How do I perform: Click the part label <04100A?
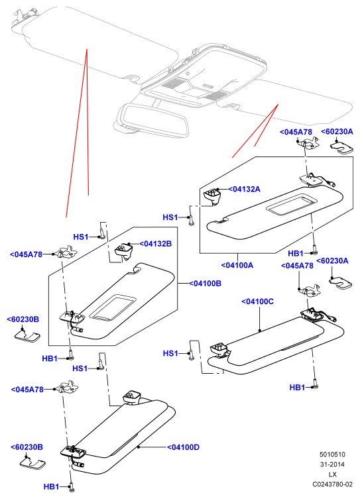237,265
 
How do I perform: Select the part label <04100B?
205,283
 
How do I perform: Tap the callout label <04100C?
257,302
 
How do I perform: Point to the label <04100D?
183,447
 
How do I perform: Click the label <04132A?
244,189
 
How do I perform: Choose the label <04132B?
155,244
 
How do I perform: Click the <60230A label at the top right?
337,131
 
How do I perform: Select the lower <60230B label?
27,447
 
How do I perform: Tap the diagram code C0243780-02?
332,484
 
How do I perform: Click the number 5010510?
332,455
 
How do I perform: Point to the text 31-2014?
332,465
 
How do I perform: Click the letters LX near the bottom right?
332,474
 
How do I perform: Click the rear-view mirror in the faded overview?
153,121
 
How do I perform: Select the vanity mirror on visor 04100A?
291,204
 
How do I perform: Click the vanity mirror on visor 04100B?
113,306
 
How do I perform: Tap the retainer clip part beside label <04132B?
124,250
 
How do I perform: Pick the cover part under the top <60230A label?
341,147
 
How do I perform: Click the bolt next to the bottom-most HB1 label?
72,487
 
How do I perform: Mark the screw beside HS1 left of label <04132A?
190,220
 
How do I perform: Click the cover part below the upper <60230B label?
27,337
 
